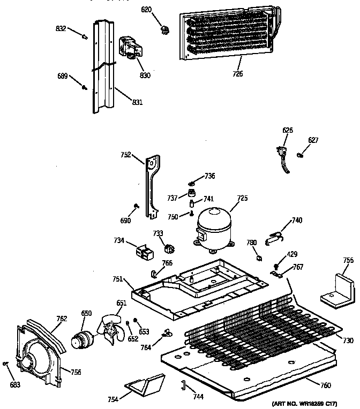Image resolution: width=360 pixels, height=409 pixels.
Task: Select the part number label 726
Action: coord(237,74)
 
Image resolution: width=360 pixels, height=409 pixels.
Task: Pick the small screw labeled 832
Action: coord(84,36)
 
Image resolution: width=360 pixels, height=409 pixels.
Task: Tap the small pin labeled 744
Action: coord(183,384)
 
